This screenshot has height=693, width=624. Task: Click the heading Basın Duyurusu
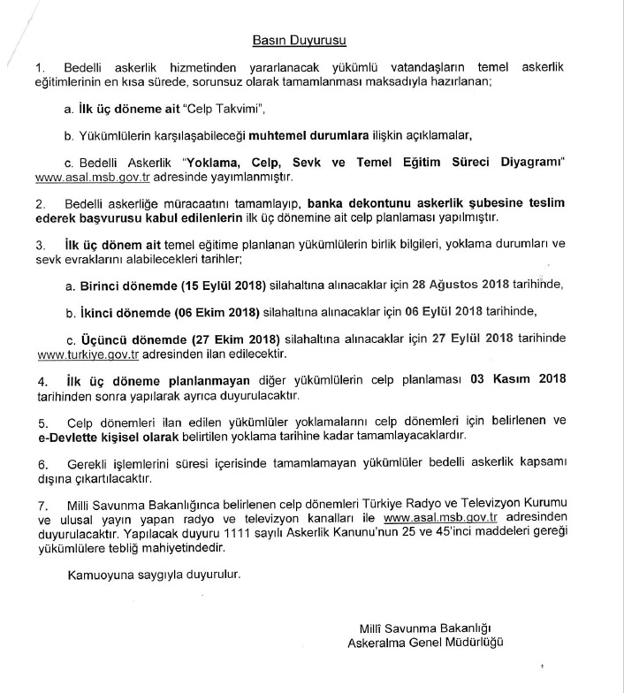coord(300,40)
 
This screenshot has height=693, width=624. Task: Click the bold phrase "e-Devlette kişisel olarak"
coord(109,437)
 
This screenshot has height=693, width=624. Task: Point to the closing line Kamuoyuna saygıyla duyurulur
coord(154,574)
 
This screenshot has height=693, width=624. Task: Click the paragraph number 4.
coord(39,380)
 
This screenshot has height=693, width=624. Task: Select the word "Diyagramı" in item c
coord(536,164)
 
